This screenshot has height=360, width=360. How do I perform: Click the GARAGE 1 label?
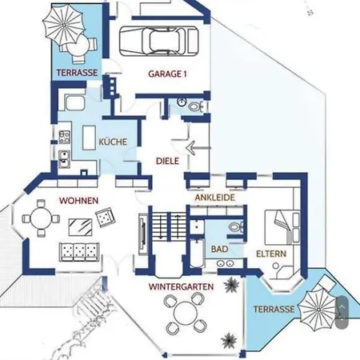(167, 74)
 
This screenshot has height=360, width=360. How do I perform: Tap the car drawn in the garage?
(159, 41)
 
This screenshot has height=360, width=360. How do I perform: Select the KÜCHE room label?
(113, 142)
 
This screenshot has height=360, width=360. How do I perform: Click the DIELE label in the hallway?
(167, 161)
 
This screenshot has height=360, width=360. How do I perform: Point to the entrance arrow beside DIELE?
(198, 147)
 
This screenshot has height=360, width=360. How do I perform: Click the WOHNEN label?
(78, 201)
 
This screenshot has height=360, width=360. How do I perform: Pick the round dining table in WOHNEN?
(41, 218)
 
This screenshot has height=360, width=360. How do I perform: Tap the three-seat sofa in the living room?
(79, 252)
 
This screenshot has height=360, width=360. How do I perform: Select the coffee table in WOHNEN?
(80, 227)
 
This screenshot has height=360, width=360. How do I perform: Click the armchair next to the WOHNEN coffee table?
(106, 217)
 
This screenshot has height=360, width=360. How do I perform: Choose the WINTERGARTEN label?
(181, 286)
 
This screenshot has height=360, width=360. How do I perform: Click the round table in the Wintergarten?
(184, 312)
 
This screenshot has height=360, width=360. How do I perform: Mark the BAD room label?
(219, 249)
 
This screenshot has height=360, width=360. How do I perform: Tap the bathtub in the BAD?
(197, 253)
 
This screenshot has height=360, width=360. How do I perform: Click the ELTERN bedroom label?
(271, 254)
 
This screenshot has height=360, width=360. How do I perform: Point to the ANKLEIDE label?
(215, 198)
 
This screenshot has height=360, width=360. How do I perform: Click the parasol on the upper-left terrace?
(64, 26)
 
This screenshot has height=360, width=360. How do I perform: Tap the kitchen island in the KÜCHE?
(89, 138)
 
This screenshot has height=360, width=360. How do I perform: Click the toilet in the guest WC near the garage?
(195, 106)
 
